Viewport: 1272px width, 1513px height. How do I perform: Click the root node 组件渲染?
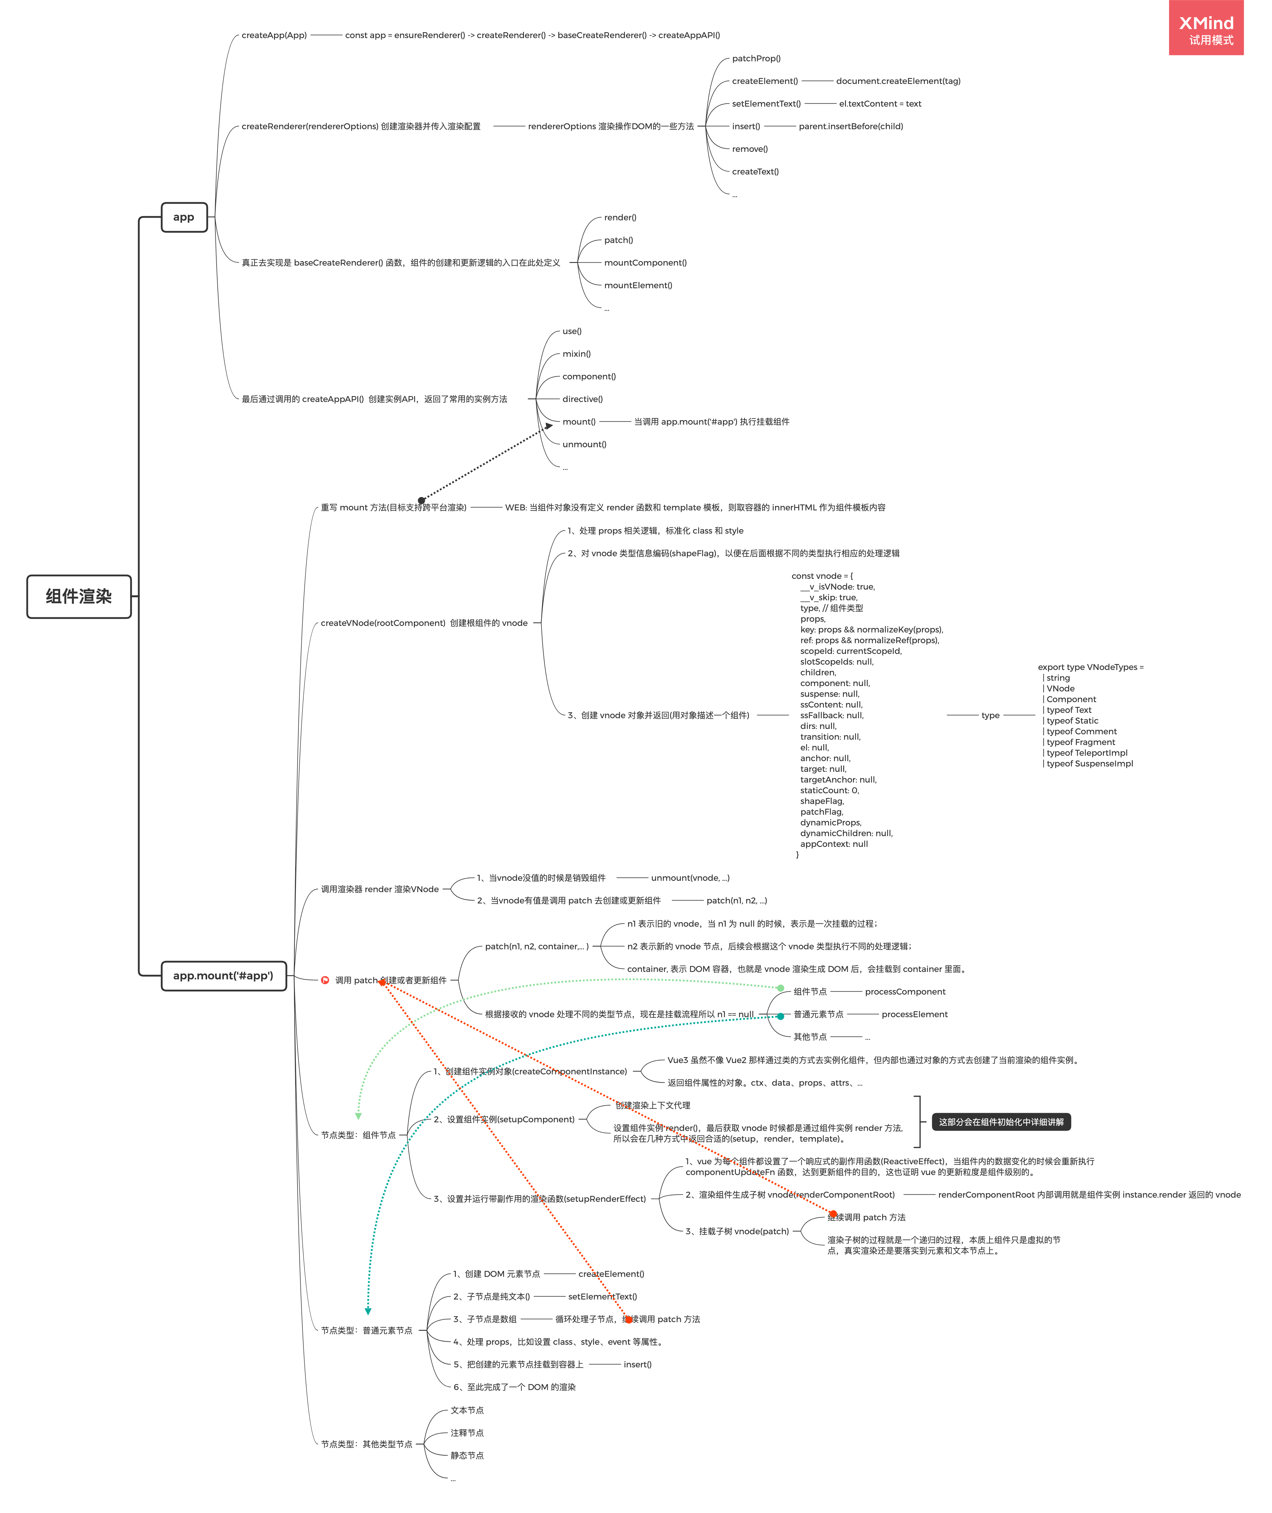79,597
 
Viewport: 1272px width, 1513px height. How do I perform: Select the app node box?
184,217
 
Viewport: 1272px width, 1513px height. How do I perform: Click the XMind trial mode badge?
1206,29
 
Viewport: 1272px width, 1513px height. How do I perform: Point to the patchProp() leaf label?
756,58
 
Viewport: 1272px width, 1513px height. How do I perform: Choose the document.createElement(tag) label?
898,81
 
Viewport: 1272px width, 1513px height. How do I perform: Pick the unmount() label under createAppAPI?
584,445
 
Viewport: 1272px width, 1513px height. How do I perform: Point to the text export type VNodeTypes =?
1090,667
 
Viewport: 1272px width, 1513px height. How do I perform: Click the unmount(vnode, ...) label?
690,878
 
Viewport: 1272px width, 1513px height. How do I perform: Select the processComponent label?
905,991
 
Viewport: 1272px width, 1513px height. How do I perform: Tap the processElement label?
914,1015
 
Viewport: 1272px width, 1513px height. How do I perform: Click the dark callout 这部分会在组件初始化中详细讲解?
1001,1122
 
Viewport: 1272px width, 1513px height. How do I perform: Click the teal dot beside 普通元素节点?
780,1016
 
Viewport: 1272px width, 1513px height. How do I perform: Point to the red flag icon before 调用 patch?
325,980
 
